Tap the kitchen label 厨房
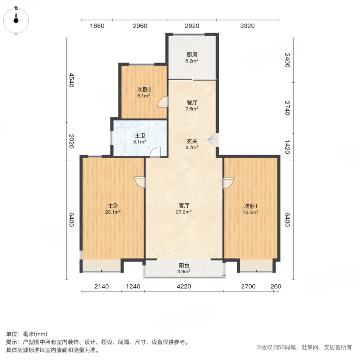click(x=192, y=55)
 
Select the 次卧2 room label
click(x=144, y=90)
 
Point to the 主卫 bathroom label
click(x=140, y=136)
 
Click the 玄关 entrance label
click(x=192, y=141)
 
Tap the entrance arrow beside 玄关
click(x=213, y=139)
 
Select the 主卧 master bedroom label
click(x=113, y=206)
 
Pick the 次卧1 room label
click(x=251, y=206)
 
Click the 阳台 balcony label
click(x=184, y=265)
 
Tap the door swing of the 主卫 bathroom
click(x=156, y=152)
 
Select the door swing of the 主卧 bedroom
click(x=140, y=182)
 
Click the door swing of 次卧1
click(x=227, y=183)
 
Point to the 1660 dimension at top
click(x=97, y=26)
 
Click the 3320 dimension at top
click(x=247, y=26)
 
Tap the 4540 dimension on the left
click(x=72, y=80)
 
